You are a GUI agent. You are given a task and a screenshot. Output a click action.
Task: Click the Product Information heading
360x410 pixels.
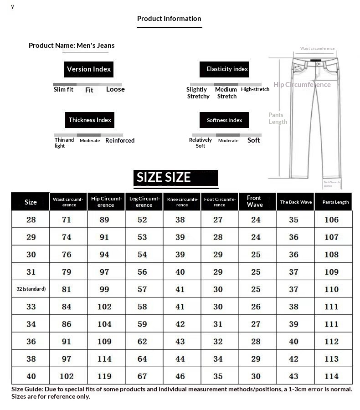coord(169,19)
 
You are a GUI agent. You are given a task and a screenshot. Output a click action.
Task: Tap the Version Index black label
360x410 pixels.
coord(89,69)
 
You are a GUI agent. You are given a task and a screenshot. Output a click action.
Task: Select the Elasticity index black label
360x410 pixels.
coord(227,69)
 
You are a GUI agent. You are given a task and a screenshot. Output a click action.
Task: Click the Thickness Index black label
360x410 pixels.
coord(90,120)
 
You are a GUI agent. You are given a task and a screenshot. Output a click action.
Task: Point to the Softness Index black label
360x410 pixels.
coord(224,120)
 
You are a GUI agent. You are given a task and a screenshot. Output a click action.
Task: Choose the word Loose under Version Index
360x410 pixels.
coord(115,89)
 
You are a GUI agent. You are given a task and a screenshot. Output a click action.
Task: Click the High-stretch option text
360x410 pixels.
coord(255,89)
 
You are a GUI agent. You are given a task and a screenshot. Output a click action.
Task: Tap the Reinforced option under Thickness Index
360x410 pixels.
coord(120,140)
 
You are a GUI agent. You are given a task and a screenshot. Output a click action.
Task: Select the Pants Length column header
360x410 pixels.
coord(335,202)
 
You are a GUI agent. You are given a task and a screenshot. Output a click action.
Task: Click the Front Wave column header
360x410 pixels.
coord(255,201)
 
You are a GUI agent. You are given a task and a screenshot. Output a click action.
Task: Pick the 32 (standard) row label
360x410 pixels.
coord(31,289)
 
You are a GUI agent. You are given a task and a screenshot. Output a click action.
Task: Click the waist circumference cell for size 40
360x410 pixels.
coord(67,376)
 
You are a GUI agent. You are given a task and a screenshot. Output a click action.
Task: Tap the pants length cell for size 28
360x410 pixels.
coord(331,220)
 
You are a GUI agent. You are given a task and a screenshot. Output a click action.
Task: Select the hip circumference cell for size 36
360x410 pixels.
coord(104,341)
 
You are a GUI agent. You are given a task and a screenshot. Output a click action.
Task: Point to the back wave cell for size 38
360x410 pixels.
coord(293,359)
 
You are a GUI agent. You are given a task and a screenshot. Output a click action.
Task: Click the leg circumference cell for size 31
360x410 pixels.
coord(142,272)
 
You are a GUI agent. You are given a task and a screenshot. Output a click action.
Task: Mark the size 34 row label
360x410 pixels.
coord(31,324)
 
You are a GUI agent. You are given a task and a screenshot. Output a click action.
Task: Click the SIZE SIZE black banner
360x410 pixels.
coord(176,178)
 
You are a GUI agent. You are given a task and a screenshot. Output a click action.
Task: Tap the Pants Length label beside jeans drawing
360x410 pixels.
coord(278,118)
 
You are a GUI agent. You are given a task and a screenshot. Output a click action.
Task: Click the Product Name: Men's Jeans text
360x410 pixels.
coord(72,46)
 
